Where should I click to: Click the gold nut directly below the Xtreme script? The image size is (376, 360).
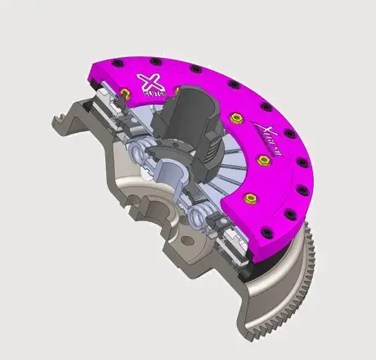click(263, 160)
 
